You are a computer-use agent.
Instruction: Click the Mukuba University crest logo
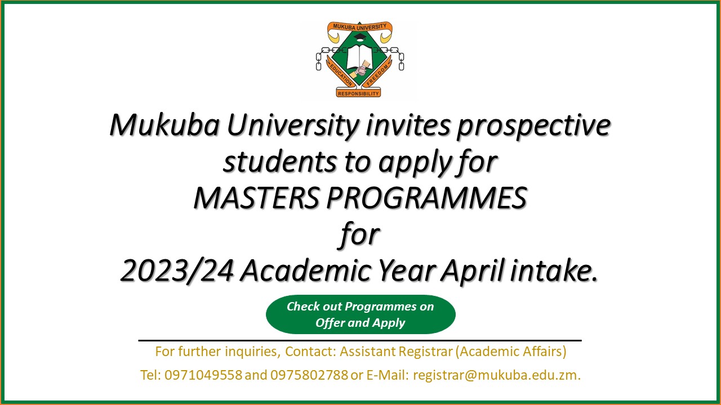tap(359, 60)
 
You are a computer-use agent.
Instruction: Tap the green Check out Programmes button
tap(360, 314)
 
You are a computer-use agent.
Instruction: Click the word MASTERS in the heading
tap(256, 197)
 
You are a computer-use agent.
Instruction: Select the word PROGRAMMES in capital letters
tap(427, 197)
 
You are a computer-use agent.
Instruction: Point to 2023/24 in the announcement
tap(177, 271)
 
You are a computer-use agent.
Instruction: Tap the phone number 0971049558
tap(203, 375)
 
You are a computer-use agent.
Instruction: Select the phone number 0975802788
tap(309, 375)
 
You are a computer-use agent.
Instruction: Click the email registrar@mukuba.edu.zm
tap(497, 375)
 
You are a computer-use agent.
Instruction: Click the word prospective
tap(533, 126)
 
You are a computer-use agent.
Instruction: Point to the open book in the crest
tap(359, 57)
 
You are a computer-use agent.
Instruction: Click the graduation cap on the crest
tap(359, 38)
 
